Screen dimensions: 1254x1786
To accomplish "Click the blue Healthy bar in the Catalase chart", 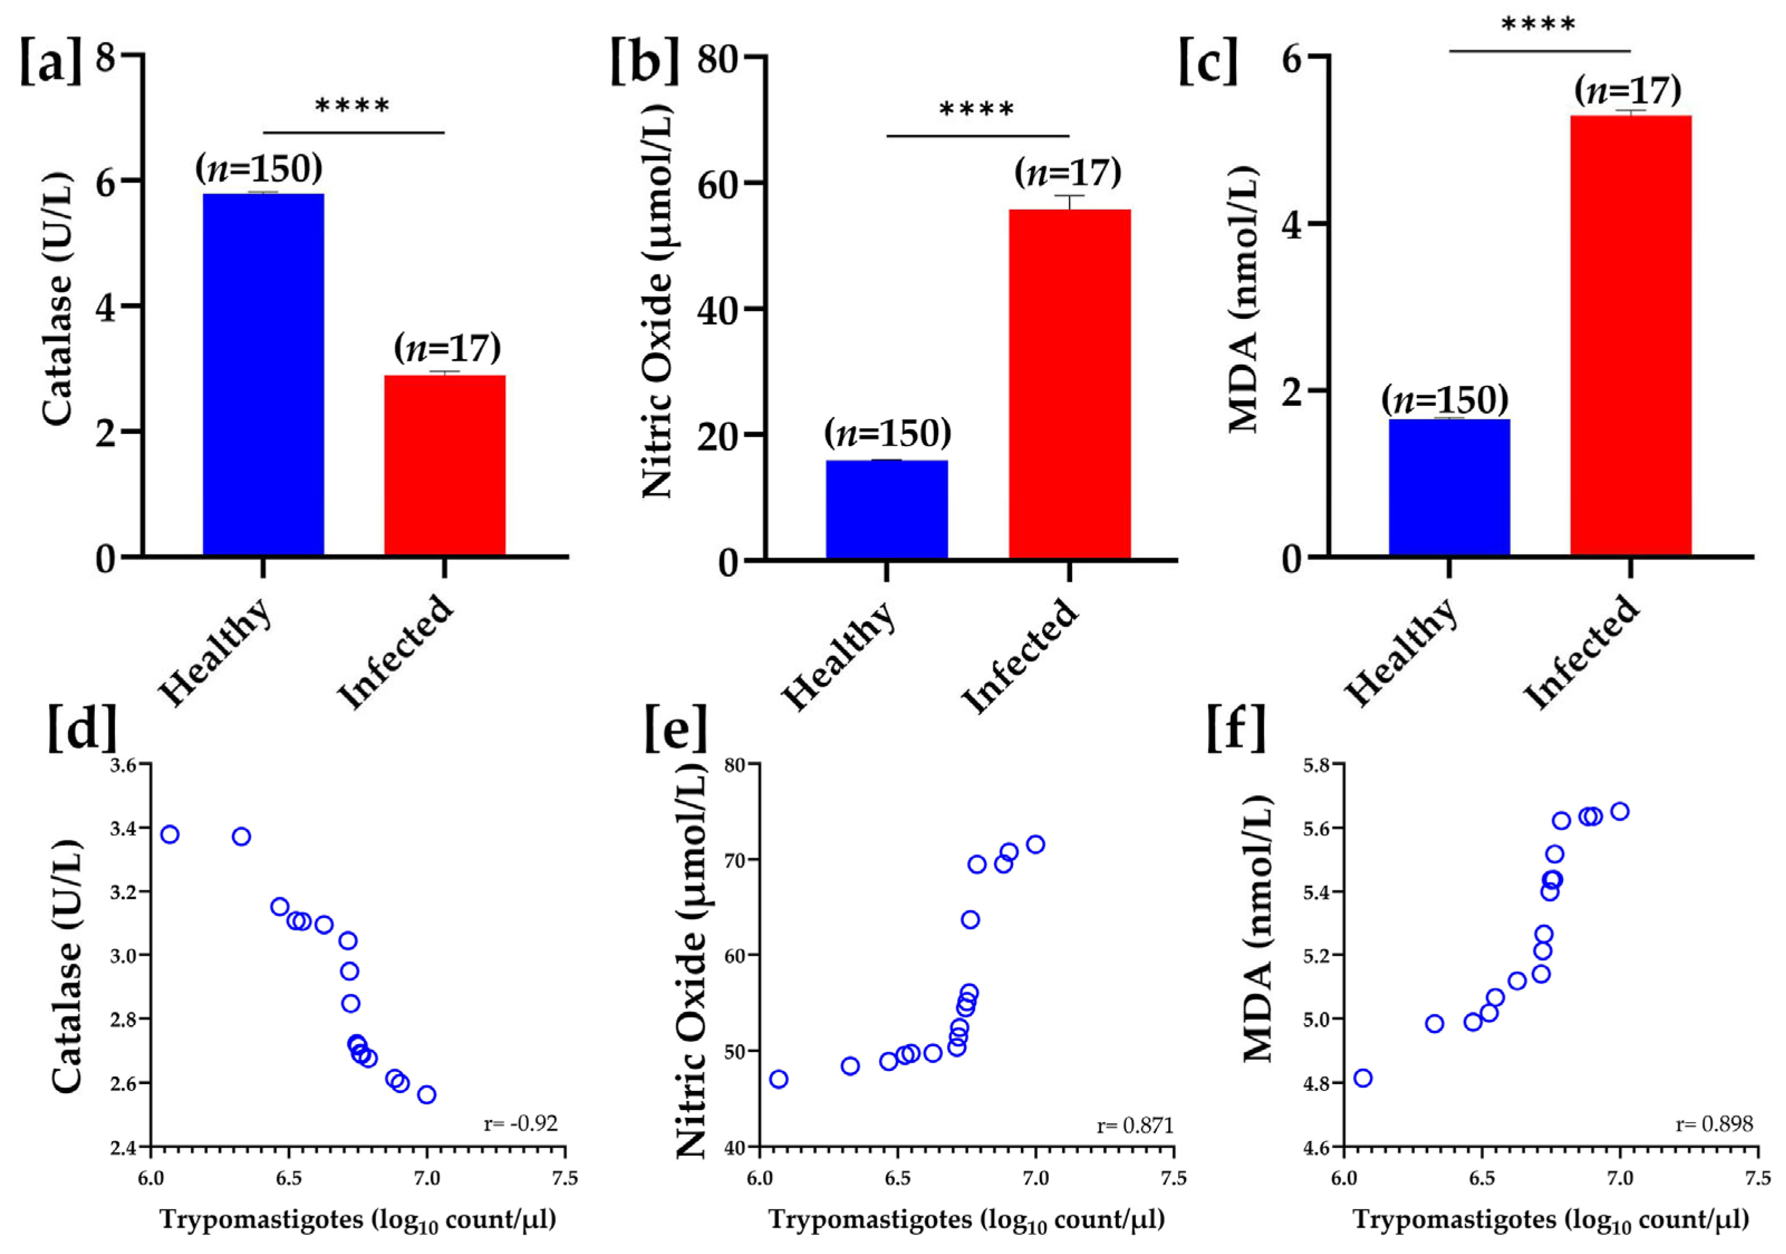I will pyautogui.click(x=263, y=374).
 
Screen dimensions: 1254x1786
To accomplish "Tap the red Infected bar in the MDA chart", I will pyautogui.click(x=1630, y=334).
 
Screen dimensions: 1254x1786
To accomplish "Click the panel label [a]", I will pyautogui.click(x=50, y=62).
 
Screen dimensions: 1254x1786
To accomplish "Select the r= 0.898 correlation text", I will pyautogui.click(x=1715, y=1124).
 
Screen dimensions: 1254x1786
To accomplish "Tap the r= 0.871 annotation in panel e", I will pyautogui.click(x=1134, y=1125).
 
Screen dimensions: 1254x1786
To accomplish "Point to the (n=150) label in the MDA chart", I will pyautogui.click(x=1444, y=400).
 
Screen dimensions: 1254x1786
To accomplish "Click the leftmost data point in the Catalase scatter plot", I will pyautogui.click(x=170, y=835).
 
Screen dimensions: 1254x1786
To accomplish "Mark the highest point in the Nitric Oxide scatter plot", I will pyautogui.click(x=1035, y=845).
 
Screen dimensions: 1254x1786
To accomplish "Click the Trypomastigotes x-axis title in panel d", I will pyautogui.click(x=358, y=1219).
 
